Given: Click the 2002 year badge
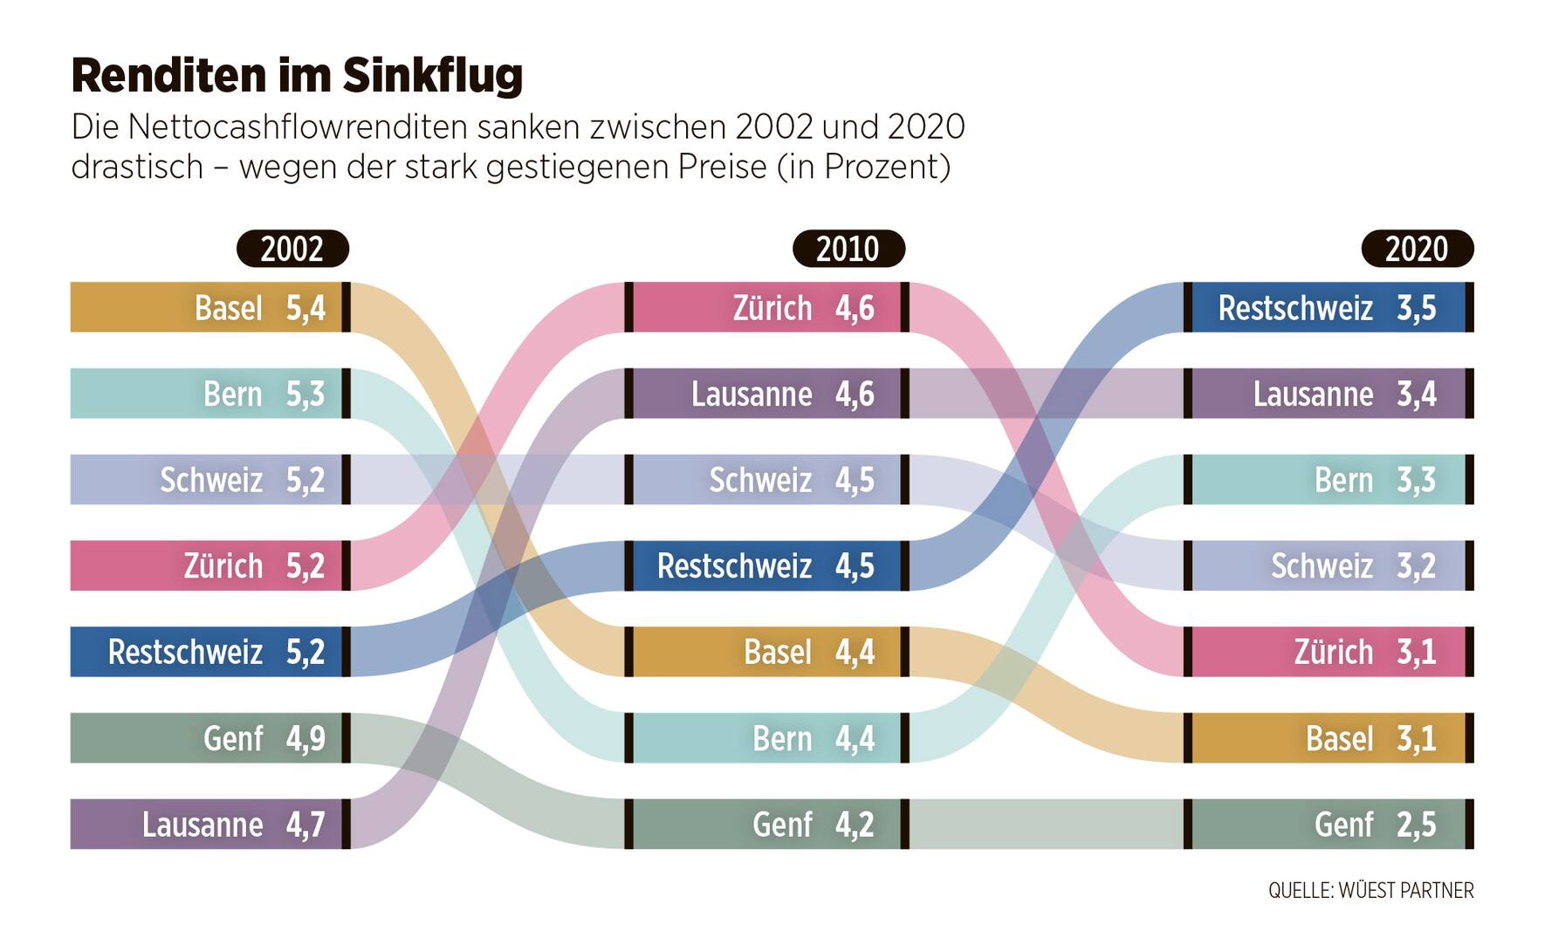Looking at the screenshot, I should point(292,249).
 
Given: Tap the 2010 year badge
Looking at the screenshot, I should point(848,249).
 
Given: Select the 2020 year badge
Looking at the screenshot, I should point(1417,249).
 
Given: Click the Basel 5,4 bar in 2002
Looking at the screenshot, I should point(209,307).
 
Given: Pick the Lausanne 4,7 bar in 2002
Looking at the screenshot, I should point(209,824).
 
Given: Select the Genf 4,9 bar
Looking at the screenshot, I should point(209,738).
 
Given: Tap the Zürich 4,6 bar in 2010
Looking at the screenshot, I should point(766,307).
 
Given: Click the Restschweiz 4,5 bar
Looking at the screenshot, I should point(766,565).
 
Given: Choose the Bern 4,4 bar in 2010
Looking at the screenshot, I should point(766,738).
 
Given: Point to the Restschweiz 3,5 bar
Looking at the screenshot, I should point(1327,307).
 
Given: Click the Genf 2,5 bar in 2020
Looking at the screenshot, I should point(1327,824).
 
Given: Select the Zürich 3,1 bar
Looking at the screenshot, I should point(1327,652).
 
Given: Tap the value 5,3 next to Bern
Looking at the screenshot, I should point(306,394).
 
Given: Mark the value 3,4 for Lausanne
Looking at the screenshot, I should point(1416,394).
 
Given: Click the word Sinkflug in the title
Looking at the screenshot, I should point(432,76).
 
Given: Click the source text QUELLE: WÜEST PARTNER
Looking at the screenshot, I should point(1370,891).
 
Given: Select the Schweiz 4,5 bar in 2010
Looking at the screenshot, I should point(766,479).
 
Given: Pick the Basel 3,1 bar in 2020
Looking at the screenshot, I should point(1327,738).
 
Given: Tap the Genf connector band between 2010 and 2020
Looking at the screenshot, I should point(1046,824).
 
